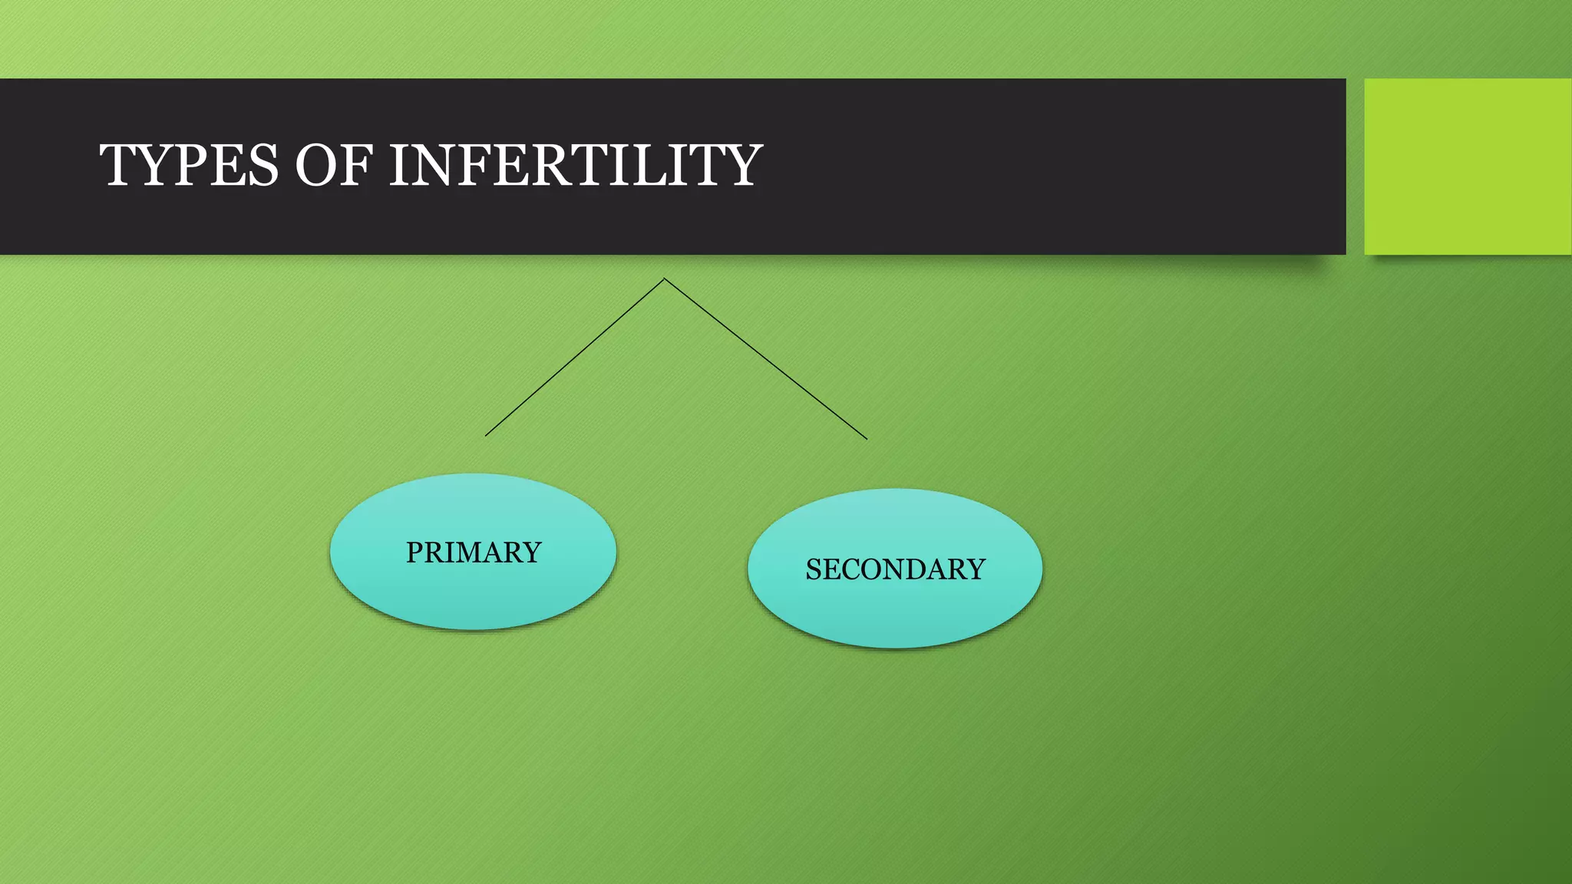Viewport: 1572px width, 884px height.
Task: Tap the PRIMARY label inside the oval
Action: tap(474, 552)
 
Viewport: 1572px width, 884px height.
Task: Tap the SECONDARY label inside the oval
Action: tap(895, 569)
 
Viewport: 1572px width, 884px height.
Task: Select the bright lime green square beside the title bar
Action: tap(1468, 167)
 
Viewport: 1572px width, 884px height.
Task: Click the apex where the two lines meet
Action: tap(665, 279)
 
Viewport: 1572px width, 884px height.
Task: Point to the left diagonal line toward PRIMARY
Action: tap(574, 358)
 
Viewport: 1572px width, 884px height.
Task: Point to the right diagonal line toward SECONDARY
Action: tap(766, 359)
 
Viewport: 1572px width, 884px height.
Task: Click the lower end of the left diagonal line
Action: tap(487, 435)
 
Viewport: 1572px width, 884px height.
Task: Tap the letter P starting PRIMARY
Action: tap(414, 552)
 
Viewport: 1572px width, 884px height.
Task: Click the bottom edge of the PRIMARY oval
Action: tap(474, 628)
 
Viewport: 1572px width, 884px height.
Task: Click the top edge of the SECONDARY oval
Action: tap(895, 490)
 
